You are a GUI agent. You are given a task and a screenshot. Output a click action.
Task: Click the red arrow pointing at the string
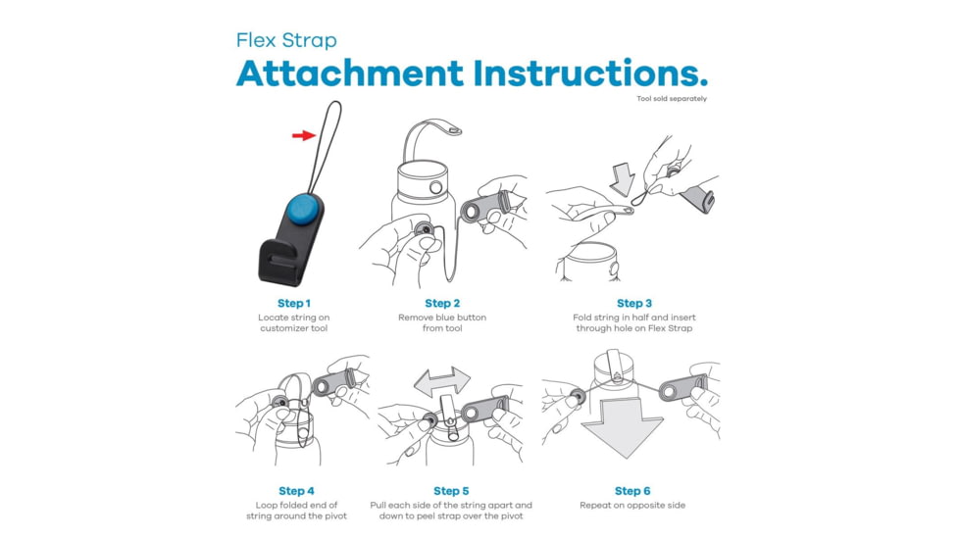pyautogui.click(x=304, y=135)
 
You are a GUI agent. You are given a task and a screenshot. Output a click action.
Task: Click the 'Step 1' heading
pyautogui.click(x=294, y=303)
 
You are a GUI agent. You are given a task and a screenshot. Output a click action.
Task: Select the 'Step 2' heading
pyautogui.click(x=442, y=303)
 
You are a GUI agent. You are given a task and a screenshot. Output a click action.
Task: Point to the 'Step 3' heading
pyautogui.click(x=634, y=303)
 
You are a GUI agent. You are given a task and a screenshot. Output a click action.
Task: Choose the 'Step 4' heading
pyautogui.click(x=297, y=491)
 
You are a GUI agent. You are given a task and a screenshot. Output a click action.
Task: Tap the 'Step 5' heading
pyautogui.click(x=451, y=491)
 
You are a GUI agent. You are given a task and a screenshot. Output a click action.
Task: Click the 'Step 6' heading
pyautogui.click(x=632, y=491)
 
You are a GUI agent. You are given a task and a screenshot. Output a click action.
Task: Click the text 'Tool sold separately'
pyautogui.click(x=672, y=98)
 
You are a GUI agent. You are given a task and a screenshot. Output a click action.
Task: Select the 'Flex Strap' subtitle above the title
pyautogui.click(x=286, y=40)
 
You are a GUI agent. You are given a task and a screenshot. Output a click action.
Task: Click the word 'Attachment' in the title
pyautogui.click(x=350, y=73)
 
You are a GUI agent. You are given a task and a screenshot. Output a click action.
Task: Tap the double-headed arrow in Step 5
pyautogui.click(x=442, y=382)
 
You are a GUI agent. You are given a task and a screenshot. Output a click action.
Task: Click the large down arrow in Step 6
pyautogui.click(x=622, y=428)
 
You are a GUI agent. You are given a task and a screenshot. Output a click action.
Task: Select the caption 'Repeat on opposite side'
pyautogui.click(x=632, y=506)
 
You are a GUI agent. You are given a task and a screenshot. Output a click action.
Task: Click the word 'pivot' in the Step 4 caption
pyautogui.click(x=334, y=516)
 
